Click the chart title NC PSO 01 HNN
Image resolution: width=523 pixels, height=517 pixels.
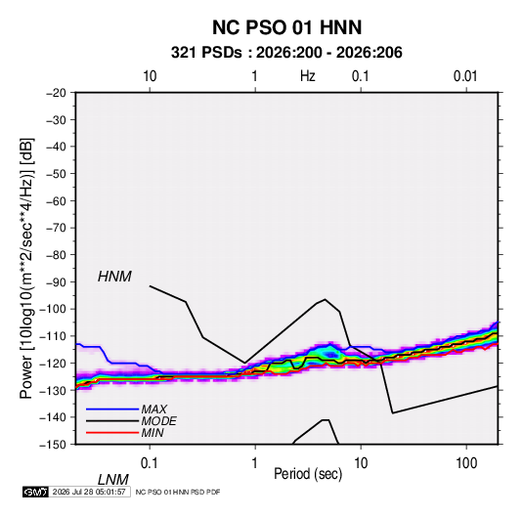coord(286,27)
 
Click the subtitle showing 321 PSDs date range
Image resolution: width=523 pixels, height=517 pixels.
coord(286,53)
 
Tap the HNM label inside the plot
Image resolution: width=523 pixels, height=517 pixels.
coord(114,277)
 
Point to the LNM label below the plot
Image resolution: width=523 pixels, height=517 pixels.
coord(113,480)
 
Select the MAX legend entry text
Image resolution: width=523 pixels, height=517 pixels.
coord(153,409)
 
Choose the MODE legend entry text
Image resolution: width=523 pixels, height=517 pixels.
coord(158,421)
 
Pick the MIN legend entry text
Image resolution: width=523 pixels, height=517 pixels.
coord(153,433)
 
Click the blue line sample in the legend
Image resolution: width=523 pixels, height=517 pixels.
coord(112,409)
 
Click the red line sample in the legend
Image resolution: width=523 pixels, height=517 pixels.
coord(112,433)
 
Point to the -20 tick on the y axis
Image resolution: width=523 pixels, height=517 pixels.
coord(56,93)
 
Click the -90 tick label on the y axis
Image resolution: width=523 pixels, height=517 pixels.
coord(56,281)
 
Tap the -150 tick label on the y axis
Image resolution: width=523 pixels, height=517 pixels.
coord(53,445)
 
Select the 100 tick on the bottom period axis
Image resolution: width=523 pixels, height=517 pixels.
coord(466,463)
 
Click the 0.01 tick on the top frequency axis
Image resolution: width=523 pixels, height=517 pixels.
coord(465,76)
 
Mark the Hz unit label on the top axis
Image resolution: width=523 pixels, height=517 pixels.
coord(308,76)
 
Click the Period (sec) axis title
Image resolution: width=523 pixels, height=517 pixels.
coord(308,474)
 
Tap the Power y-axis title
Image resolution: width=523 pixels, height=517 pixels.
coord(26,269)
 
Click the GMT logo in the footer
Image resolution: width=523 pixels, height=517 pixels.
coord(35,492)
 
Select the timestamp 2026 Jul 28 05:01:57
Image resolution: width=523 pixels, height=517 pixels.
coord(89,492)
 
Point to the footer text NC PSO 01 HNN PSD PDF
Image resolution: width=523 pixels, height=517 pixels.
coord(178,492)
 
